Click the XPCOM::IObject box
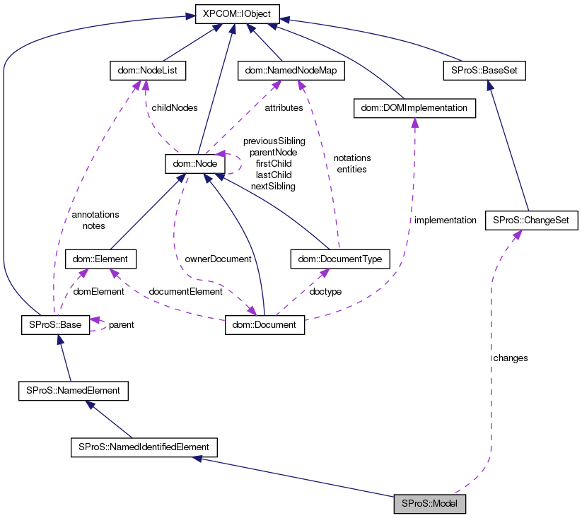238,13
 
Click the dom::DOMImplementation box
414,107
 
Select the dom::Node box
194,164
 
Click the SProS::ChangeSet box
532,220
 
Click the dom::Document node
264,325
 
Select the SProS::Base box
55,325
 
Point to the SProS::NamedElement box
73,390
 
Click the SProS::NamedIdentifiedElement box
144,447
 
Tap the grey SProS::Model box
430,504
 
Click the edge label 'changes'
511,358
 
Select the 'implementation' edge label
446,220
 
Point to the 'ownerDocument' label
218,259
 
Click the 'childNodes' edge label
175,108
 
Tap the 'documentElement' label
185,291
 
